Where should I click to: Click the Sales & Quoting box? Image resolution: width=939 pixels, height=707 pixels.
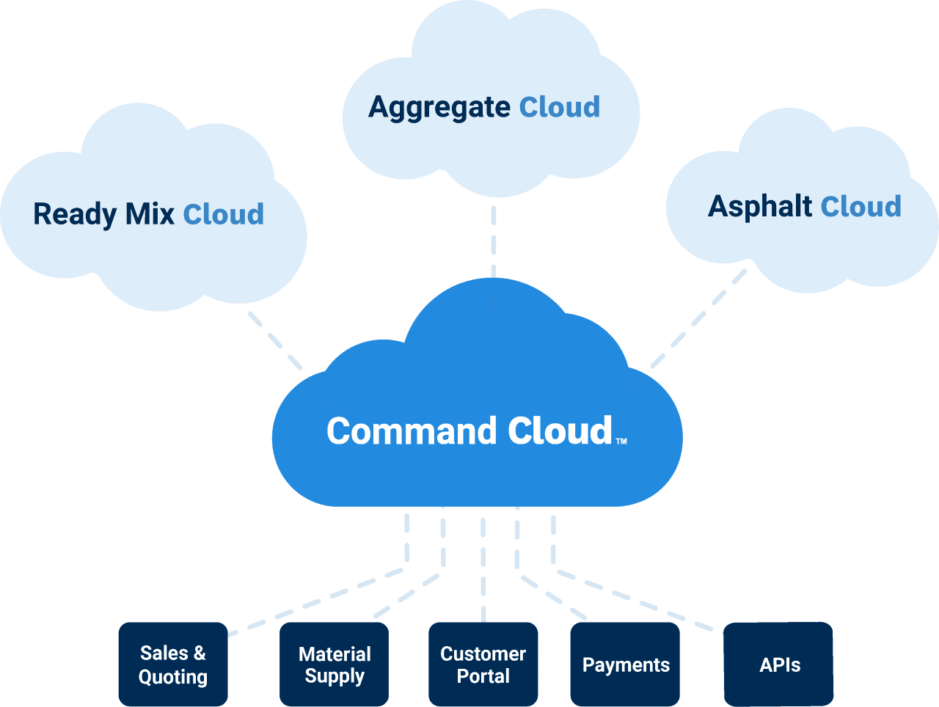coord(173,664)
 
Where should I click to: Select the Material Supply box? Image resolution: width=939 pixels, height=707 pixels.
coord(335,664)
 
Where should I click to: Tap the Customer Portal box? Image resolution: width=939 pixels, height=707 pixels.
coord(483,664)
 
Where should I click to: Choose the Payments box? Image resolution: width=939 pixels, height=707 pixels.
coord(625,664)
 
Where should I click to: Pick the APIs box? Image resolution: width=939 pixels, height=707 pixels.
coord(779,664)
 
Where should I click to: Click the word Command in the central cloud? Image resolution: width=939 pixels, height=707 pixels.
coord(412,431)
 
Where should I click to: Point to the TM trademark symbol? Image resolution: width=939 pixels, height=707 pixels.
coord(621,442)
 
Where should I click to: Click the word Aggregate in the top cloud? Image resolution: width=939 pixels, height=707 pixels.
coord(439,108)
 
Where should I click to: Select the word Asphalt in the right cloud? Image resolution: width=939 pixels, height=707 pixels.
coord(760,206)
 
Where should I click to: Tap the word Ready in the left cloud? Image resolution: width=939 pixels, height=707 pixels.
coord(75,215)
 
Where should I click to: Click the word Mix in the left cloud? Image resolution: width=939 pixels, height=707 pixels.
coord(150,214)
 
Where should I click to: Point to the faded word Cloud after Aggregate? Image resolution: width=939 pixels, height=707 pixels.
coord(560,108)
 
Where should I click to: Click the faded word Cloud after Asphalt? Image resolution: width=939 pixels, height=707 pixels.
coord(861,207)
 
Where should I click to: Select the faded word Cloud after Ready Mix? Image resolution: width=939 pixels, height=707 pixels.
coord(224,215)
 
